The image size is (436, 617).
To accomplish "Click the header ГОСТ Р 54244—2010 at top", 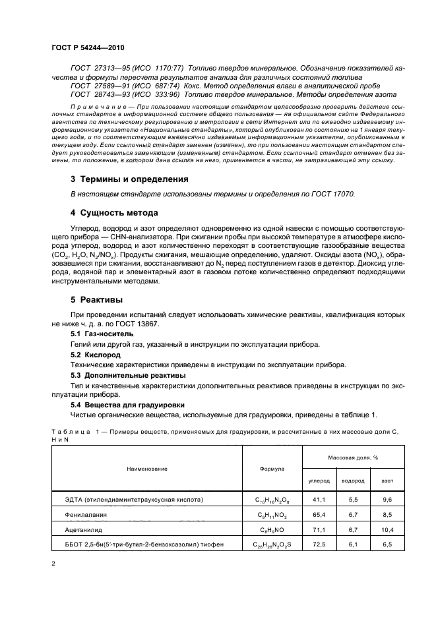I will click(x=87, y=49).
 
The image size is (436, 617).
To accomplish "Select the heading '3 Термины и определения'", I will click(x=129, y=179).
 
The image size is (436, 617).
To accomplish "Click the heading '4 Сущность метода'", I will click(x=114, y=213).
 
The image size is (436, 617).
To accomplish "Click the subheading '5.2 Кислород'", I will click(x=96, y=354).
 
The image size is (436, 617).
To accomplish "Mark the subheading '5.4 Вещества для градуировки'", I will click(x=123, y=405).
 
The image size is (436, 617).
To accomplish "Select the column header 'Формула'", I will click(x=272, y=469).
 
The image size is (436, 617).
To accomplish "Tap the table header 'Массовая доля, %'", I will click(x=357, y=457).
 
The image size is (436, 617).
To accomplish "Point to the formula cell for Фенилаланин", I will click(x=272, y=514).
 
